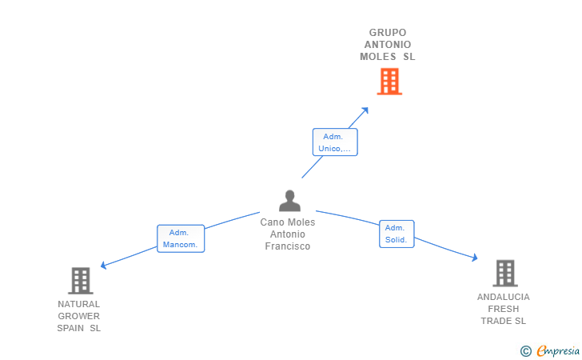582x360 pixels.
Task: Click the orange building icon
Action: tap(389, 81)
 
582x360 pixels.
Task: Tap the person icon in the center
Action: tap(289, 200)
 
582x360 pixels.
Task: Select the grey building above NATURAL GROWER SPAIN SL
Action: tap(80, 280)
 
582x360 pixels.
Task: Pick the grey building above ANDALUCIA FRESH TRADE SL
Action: tap(504, 273)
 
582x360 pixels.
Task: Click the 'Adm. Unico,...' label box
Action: tap(334, 142)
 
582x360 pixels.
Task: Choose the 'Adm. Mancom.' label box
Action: tap(181, 238)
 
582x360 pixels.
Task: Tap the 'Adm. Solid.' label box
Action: tap(397, 234)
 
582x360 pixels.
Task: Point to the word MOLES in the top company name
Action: tap(378, 57)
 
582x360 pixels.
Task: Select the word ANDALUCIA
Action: tap(504, 297)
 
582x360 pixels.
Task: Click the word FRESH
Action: tap(504, 309)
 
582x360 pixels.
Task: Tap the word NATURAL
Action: tap(79, 304)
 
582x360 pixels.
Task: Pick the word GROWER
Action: tap(79, 316)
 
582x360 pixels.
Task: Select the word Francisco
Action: tap(288, 246)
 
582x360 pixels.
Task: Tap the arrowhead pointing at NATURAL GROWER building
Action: tap(103, 266)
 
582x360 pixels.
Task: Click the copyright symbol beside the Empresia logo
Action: tap(525, 350)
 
